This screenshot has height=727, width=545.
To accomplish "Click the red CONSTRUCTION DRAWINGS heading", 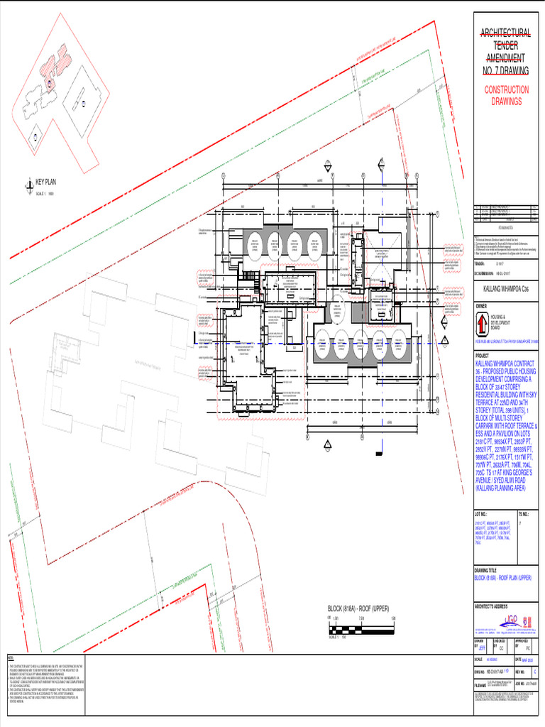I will [x=506, y=95].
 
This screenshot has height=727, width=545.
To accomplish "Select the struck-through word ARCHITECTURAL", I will [x=505, y=33].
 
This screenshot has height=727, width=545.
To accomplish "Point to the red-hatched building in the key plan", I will [x=50, y=67].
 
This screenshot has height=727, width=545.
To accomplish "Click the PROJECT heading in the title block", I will [x=483, y=356].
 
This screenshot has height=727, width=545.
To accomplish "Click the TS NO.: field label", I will [x=524, y=513].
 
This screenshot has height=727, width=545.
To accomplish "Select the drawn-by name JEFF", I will [x=483, y=647].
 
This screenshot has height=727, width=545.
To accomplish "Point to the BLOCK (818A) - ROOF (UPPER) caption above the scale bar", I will [x=358, y=608].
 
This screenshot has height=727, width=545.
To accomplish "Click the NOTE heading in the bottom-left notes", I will [x=10, y=660].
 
